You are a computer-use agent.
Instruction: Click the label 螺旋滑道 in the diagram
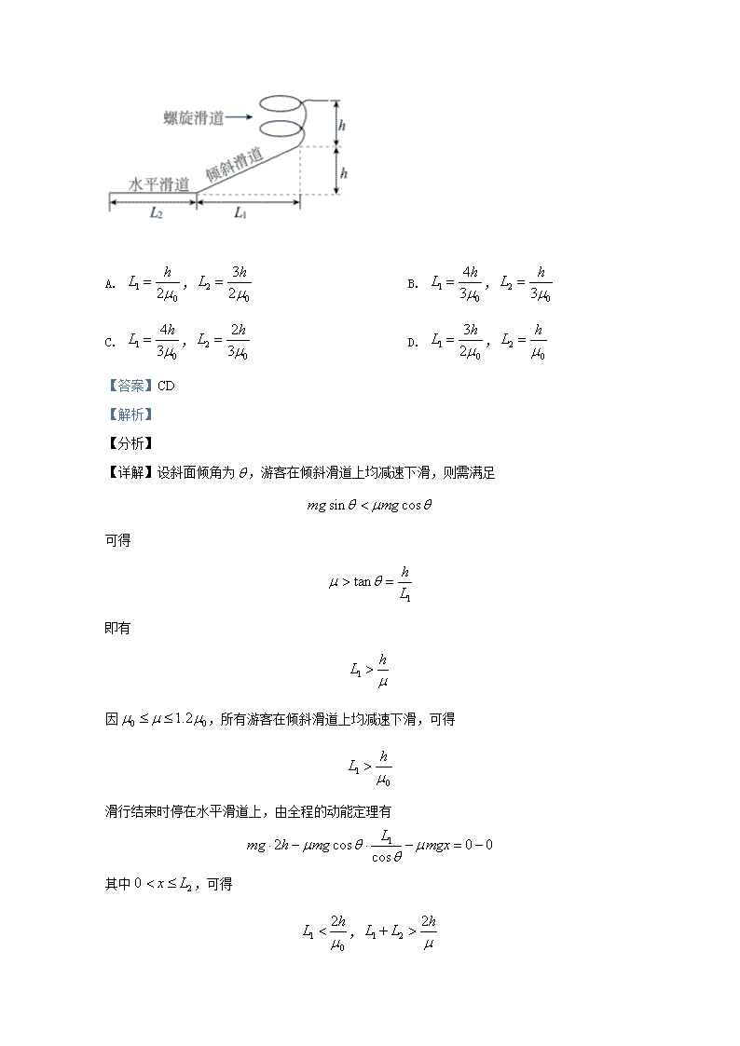(x=193, y=117)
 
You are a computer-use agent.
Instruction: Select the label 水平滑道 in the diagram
(x=158, y=183)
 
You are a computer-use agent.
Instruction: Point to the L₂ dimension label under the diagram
(x=158, y=213)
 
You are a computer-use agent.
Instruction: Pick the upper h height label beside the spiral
(x=343, y=124)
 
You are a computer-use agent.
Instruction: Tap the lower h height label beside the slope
(x=343, y=172)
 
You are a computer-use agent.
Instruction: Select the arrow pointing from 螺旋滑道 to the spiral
(x=239, y=117)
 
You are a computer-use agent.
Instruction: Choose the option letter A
(x=109, y=284)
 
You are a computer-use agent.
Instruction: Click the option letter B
(x=412, y=284)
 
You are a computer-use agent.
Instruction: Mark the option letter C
(x=109, y=343)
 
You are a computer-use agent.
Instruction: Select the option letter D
(x=412, y=343)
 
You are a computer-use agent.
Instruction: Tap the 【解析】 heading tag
(x=129, y=414)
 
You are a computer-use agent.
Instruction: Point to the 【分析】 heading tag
(x=129, y=443)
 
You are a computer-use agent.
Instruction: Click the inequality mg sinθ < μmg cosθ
(x=370, y=506)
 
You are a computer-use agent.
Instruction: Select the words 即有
(x=117, y=628)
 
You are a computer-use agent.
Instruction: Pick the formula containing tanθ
(x=370, y=583)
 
